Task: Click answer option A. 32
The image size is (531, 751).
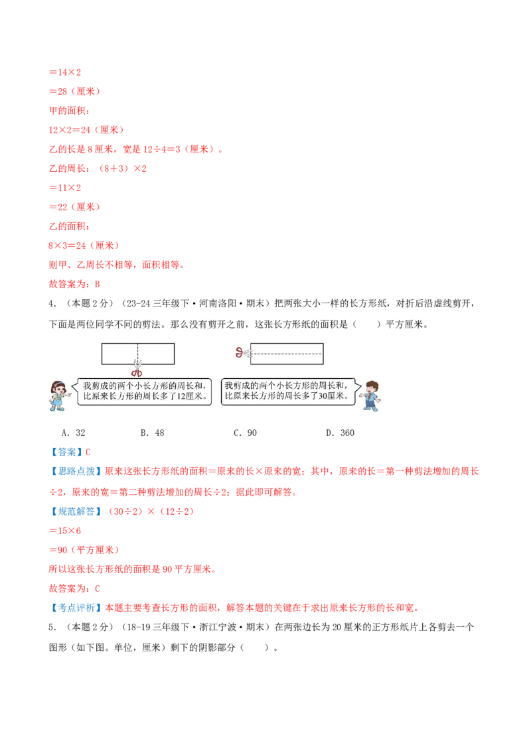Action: click(x=73, y=433)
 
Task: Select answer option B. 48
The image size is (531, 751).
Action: click(x=153, y=433)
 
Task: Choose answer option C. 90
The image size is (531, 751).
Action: click(x=246, y=433)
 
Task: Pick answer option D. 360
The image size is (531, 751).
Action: click(x=341, y=433)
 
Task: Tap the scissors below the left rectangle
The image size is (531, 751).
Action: click(x=137, y=369)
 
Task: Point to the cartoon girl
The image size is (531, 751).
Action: click(x=60, y=395)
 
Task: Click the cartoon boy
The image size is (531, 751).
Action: click(x=370, y=395)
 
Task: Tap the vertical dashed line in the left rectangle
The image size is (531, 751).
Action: click(x=137, y=354)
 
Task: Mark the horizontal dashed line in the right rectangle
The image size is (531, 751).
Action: click(x=287, y=354)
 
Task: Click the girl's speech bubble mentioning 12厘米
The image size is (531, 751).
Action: click(x=142, y=391)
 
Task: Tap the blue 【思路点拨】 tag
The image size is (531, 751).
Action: click(x=76, y=471)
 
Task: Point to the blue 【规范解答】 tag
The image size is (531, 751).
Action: click(x=76, y=512)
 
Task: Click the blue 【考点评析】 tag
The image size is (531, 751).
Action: click(x=76, y=608)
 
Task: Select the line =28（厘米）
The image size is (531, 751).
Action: click(x=75, y=92)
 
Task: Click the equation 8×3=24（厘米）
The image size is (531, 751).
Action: click(x=84, y=245)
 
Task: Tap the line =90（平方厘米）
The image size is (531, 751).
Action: click(x=84, y=550)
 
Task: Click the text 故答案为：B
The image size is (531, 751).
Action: click(x=74, y=284)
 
